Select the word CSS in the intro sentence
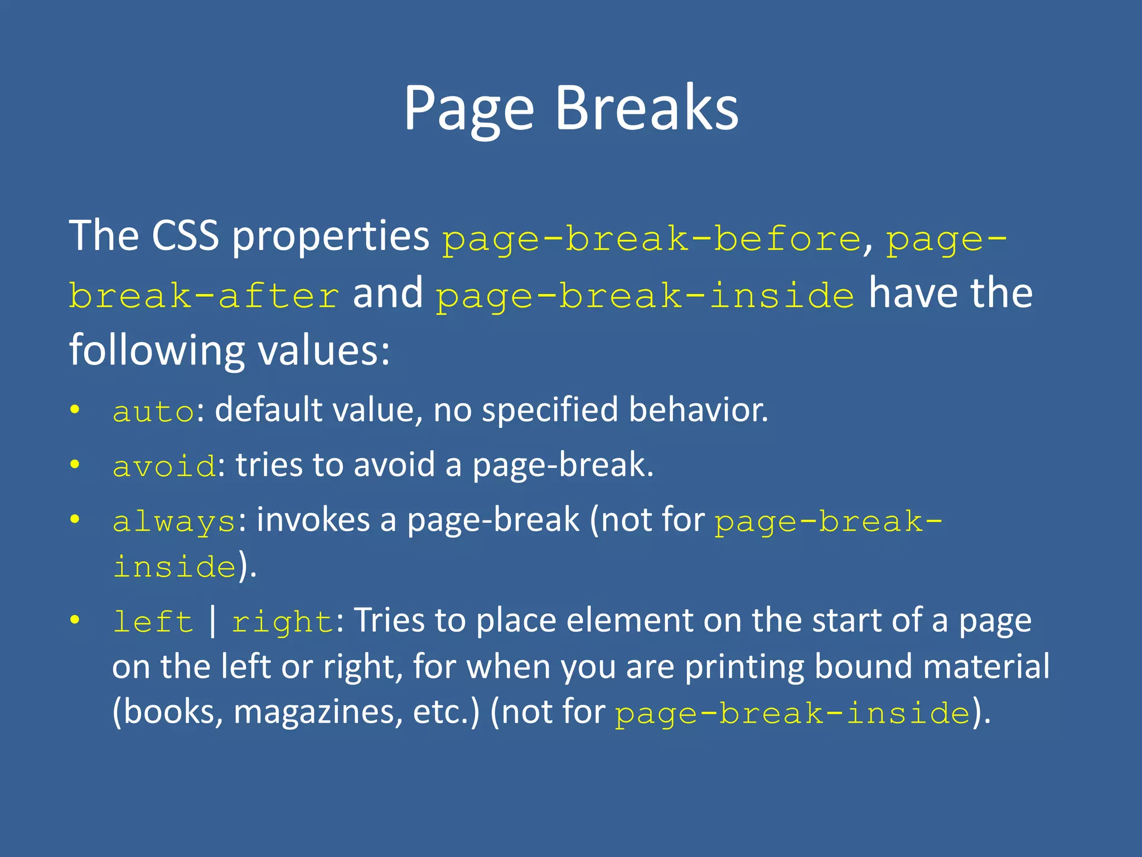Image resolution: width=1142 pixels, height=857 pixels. point(185,235)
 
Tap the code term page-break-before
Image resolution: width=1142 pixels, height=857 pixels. point(652,239)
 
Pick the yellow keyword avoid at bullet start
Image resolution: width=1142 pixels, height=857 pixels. point(164,466)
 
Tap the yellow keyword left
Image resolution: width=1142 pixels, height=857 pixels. point(153,622)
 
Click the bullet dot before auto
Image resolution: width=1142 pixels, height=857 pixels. point(75,410)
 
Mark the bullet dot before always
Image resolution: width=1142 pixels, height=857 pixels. point(75,520)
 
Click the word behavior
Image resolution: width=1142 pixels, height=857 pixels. point(698,410)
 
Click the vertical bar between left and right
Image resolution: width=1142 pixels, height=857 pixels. point(212,621)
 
